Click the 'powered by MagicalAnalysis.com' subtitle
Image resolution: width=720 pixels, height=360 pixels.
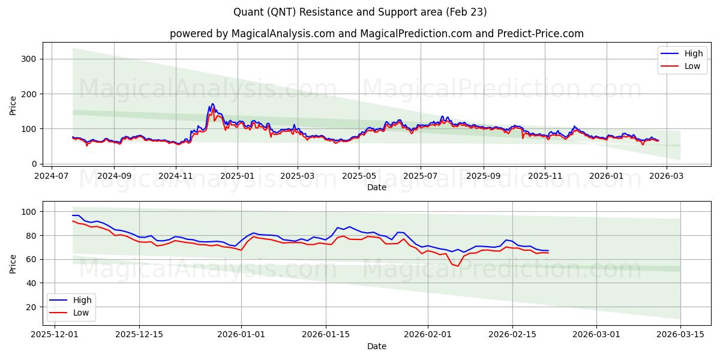coord(377,34)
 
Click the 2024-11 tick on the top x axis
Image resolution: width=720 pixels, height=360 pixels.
coord(176,176)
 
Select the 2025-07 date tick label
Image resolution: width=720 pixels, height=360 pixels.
coord(420,176)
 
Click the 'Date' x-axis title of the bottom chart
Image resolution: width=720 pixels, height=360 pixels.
coord(377,347)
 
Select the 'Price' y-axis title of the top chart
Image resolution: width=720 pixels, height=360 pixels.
coord(13,105)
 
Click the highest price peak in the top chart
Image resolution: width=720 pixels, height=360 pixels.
coord(212,104)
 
